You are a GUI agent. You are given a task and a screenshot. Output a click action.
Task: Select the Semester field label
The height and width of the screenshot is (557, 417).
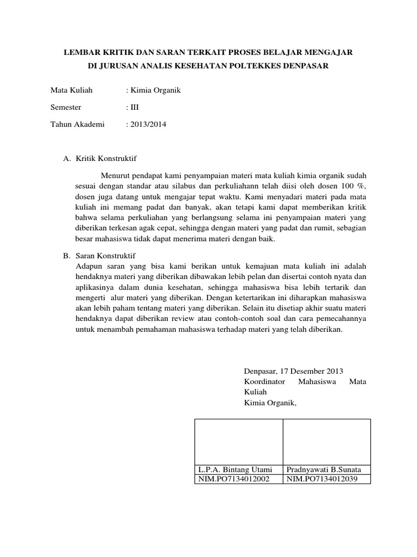[x=66, y=107]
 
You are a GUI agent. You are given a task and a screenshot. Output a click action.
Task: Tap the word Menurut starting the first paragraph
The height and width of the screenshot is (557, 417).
[x=115, y=176]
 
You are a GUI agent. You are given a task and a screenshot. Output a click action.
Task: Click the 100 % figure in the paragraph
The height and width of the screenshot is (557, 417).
[x=353, y=186]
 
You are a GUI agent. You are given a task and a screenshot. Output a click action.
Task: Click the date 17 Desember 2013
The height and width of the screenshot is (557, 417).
[x=312, y=371]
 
